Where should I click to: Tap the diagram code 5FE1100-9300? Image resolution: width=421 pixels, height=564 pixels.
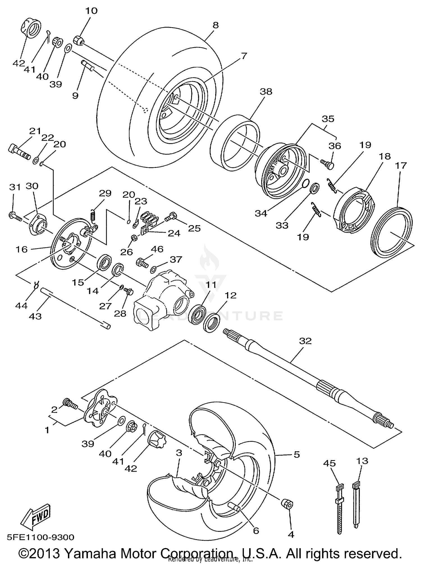point(41,538)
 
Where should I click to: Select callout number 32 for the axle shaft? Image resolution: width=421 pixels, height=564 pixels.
point(305,341)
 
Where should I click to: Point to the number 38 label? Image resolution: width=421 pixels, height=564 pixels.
point(266,92)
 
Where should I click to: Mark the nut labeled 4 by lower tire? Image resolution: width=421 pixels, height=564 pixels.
point(287,504)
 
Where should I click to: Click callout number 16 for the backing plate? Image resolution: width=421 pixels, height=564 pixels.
point(21,249)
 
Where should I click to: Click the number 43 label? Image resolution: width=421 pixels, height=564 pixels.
point(35,316)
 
